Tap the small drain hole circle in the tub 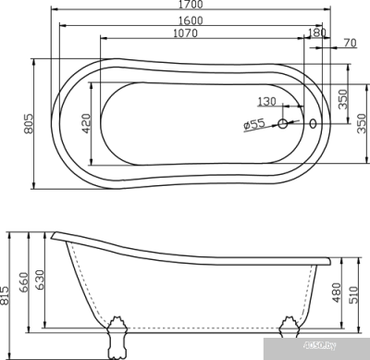pyautogui.click(x=281, y=120)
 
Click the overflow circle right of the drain pyautogui.click(x=313, y=120)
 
